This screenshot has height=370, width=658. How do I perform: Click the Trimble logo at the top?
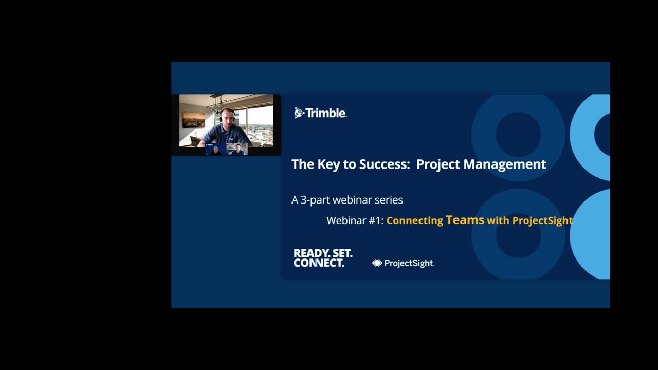[320, 113]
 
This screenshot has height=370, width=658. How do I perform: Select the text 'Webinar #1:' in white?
[355, 220]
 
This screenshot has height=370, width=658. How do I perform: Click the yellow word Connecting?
[414, 220]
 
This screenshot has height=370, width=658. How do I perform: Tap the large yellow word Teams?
[465, 220]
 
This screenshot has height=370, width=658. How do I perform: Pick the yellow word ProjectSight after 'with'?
[542, 220]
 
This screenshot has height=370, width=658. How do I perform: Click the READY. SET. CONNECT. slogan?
[323, 258]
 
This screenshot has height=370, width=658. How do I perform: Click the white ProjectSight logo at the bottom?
[403, 263]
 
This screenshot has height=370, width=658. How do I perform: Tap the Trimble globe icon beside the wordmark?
[299, 113]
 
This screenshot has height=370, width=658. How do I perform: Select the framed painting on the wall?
[193, 120]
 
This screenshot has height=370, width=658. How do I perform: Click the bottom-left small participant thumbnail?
[216, 150]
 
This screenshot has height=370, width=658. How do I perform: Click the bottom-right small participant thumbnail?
[237, 150]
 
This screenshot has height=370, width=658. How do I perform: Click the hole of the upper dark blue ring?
[518, 134]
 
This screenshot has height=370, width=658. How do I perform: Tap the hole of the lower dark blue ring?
[518, 234]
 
